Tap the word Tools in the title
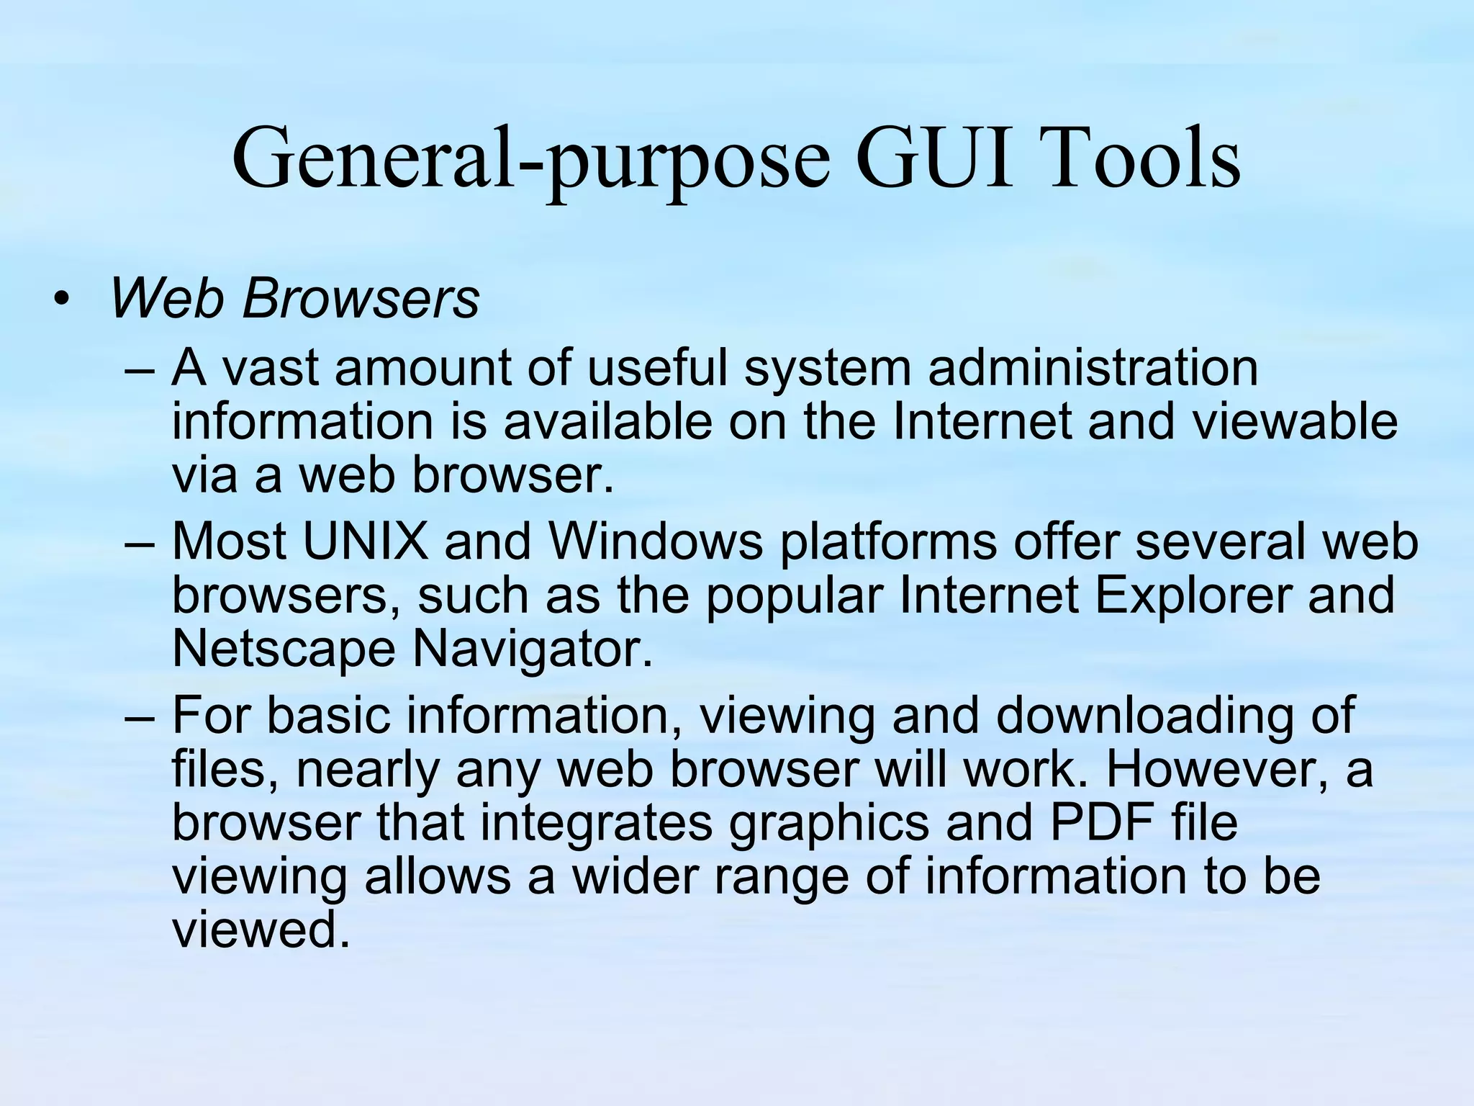tap(1144, 158)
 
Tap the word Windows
tap(655, 541)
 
